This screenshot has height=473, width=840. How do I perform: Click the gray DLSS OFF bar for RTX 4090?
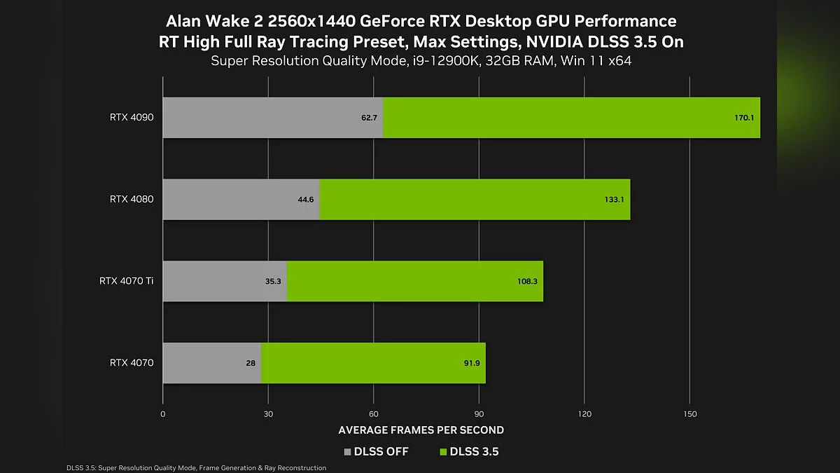coord(273,117)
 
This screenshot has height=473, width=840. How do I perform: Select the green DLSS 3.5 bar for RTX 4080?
coord(475,199)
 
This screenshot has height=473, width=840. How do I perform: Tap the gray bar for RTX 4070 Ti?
coord(225,281)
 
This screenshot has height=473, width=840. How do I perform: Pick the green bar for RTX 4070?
coord(373,363)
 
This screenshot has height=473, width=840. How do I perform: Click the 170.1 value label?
coord(743,118)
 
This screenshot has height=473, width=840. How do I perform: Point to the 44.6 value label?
coord(306,200)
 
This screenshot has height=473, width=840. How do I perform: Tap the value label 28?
coord(251,364)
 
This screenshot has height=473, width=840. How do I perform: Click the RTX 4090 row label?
coord(132,117)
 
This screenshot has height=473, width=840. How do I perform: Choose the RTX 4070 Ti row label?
coord(126,281)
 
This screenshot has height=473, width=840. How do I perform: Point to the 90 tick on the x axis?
coord(479,414)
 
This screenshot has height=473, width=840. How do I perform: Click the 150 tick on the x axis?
coord(689,414)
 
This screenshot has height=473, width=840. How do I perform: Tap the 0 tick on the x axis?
coord(163,414)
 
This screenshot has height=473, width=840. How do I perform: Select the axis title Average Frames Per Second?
coord(421,430)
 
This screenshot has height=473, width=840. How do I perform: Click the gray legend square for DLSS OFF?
coord(348,452)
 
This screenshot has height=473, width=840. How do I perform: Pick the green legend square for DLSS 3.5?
coord(442,452)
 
